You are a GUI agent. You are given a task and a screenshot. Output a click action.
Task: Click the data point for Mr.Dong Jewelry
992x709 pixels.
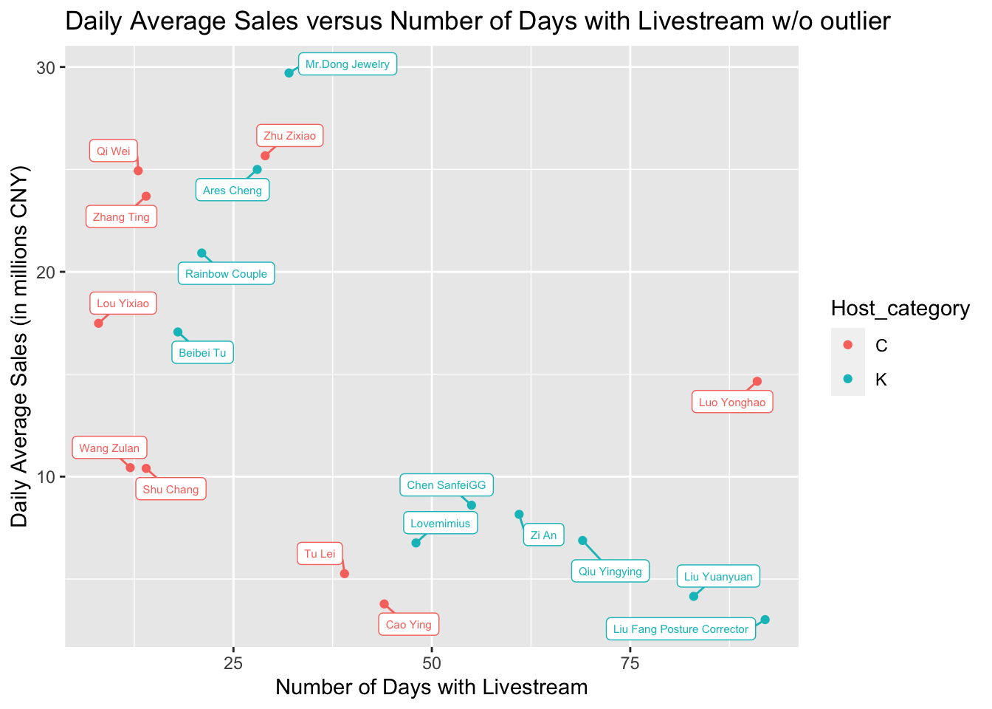pyautogui.click(x=289, y=73)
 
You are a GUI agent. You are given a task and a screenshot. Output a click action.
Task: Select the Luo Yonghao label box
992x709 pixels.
pyautogui.click(x=732, y=403)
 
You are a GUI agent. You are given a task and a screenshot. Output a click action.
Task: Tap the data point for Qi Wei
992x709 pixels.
pyautogui.click(x=138, y=171)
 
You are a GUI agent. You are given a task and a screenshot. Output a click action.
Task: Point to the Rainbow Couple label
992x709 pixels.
pyautogui.click(x=226, y=274)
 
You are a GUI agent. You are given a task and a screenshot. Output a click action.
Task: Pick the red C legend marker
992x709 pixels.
pyautogui.click(x=847, y=345)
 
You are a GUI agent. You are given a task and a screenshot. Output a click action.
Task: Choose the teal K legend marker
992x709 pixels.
pyautogui.click(x=847, y=380)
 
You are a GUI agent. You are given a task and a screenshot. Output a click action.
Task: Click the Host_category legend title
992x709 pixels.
pyautogui.click(x=900, y=308)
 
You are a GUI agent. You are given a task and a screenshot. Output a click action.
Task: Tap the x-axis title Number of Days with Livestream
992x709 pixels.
pyautogui.click(x=431, y=688)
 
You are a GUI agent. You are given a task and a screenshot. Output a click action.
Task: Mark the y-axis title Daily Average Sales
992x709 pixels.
pyautogui.click(x=20, y=346)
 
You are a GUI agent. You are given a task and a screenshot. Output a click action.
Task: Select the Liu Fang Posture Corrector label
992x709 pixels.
pyautogui.click(x=681, y=629)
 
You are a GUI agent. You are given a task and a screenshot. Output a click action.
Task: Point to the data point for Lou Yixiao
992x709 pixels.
pyautogui.click(x=98, y=323)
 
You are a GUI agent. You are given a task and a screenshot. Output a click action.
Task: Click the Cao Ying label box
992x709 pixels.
pyautogui.click(x=409, y=625)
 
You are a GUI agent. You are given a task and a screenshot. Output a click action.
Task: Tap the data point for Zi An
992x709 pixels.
pyautogui.click(x=519, y=514)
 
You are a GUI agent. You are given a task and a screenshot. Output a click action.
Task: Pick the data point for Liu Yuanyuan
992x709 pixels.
pyautogui.click(x=693, y=596)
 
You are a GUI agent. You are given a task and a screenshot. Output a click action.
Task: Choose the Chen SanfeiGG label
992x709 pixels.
pyautogui.click(x=447, y=485)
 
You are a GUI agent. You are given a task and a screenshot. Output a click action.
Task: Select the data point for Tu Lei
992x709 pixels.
pyautogui.click(x=344, y=573)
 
